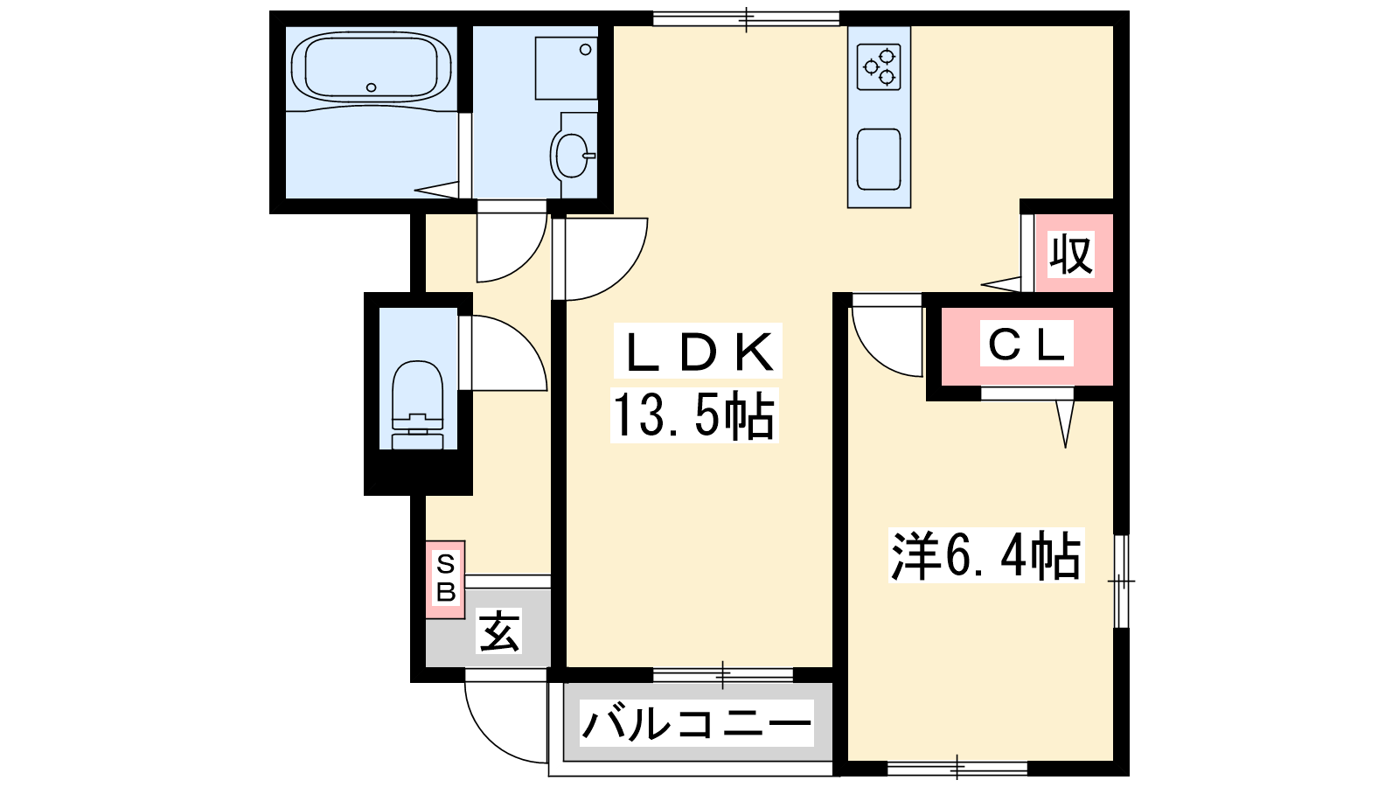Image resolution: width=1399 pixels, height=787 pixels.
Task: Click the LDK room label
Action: pyautogui.click(x=698, y=351)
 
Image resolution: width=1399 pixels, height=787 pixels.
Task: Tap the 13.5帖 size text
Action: pyautogui.click(x=694, y=415)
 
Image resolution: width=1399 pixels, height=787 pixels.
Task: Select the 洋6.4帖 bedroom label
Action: pyautogui.click(x=986, y=555)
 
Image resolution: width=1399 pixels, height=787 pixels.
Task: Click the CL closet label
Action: pyautogui.click(x=1027, y=343)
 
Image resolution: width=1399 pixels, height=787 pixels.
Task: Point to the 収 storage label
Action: pyautogui.click(x=1071, y=254)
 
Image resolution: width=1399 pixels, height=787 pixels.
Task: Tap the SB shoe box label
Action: pyautogui.click(x=445, y=578)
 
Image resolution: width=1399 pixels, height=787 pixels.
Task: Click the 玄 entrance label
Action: pyautogui.click(x=498, y=630)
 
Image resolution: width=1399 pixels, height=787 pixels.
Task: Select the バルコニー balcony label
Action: pyautogui.click(x=696, y=724)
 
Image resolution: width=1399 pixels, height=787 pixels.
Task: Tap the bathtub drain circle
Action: pyautogui.click(x=372, y=87)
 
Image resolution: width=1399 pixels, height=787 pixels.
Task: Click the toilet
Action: pyautogui.click(x=417, y=405)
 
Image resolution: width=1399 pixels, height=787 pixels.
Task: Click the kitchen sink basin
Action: pyautogui.click(x=879, y=159)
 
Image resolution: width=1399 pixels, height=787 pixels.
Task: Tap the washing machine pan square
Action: pyautogui.click(x=566, y=68)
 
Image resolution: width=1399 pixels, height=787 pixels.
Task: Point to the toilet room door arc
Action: pyautogui.click(x=525, y=340)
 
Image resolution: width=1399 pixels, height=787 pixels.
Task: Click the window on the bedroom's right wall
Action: pyautogui.click(x=1122, y=581)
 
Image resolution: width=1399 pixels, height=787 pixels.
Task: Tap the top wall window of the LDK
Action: pyautogui.click(x=747, y=18)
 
